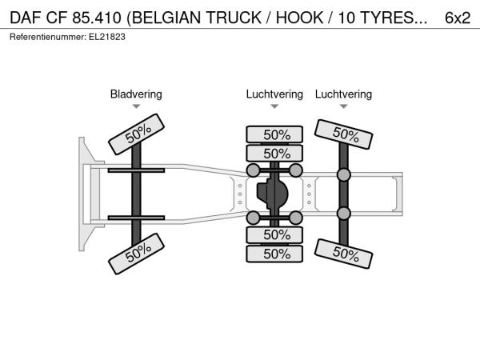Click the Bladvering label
136,94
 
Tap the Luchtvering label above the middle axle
274,94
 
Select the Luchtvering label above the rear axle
343,94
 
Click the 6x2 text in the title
457,18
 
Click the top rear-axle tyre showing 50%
345,135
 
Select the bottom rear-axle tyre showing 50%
345,254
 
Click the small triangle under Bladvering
136,106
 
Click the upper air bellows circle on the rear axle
344,175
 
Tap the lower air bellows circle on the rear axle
344,213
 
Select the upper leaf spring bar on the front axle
136,170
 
